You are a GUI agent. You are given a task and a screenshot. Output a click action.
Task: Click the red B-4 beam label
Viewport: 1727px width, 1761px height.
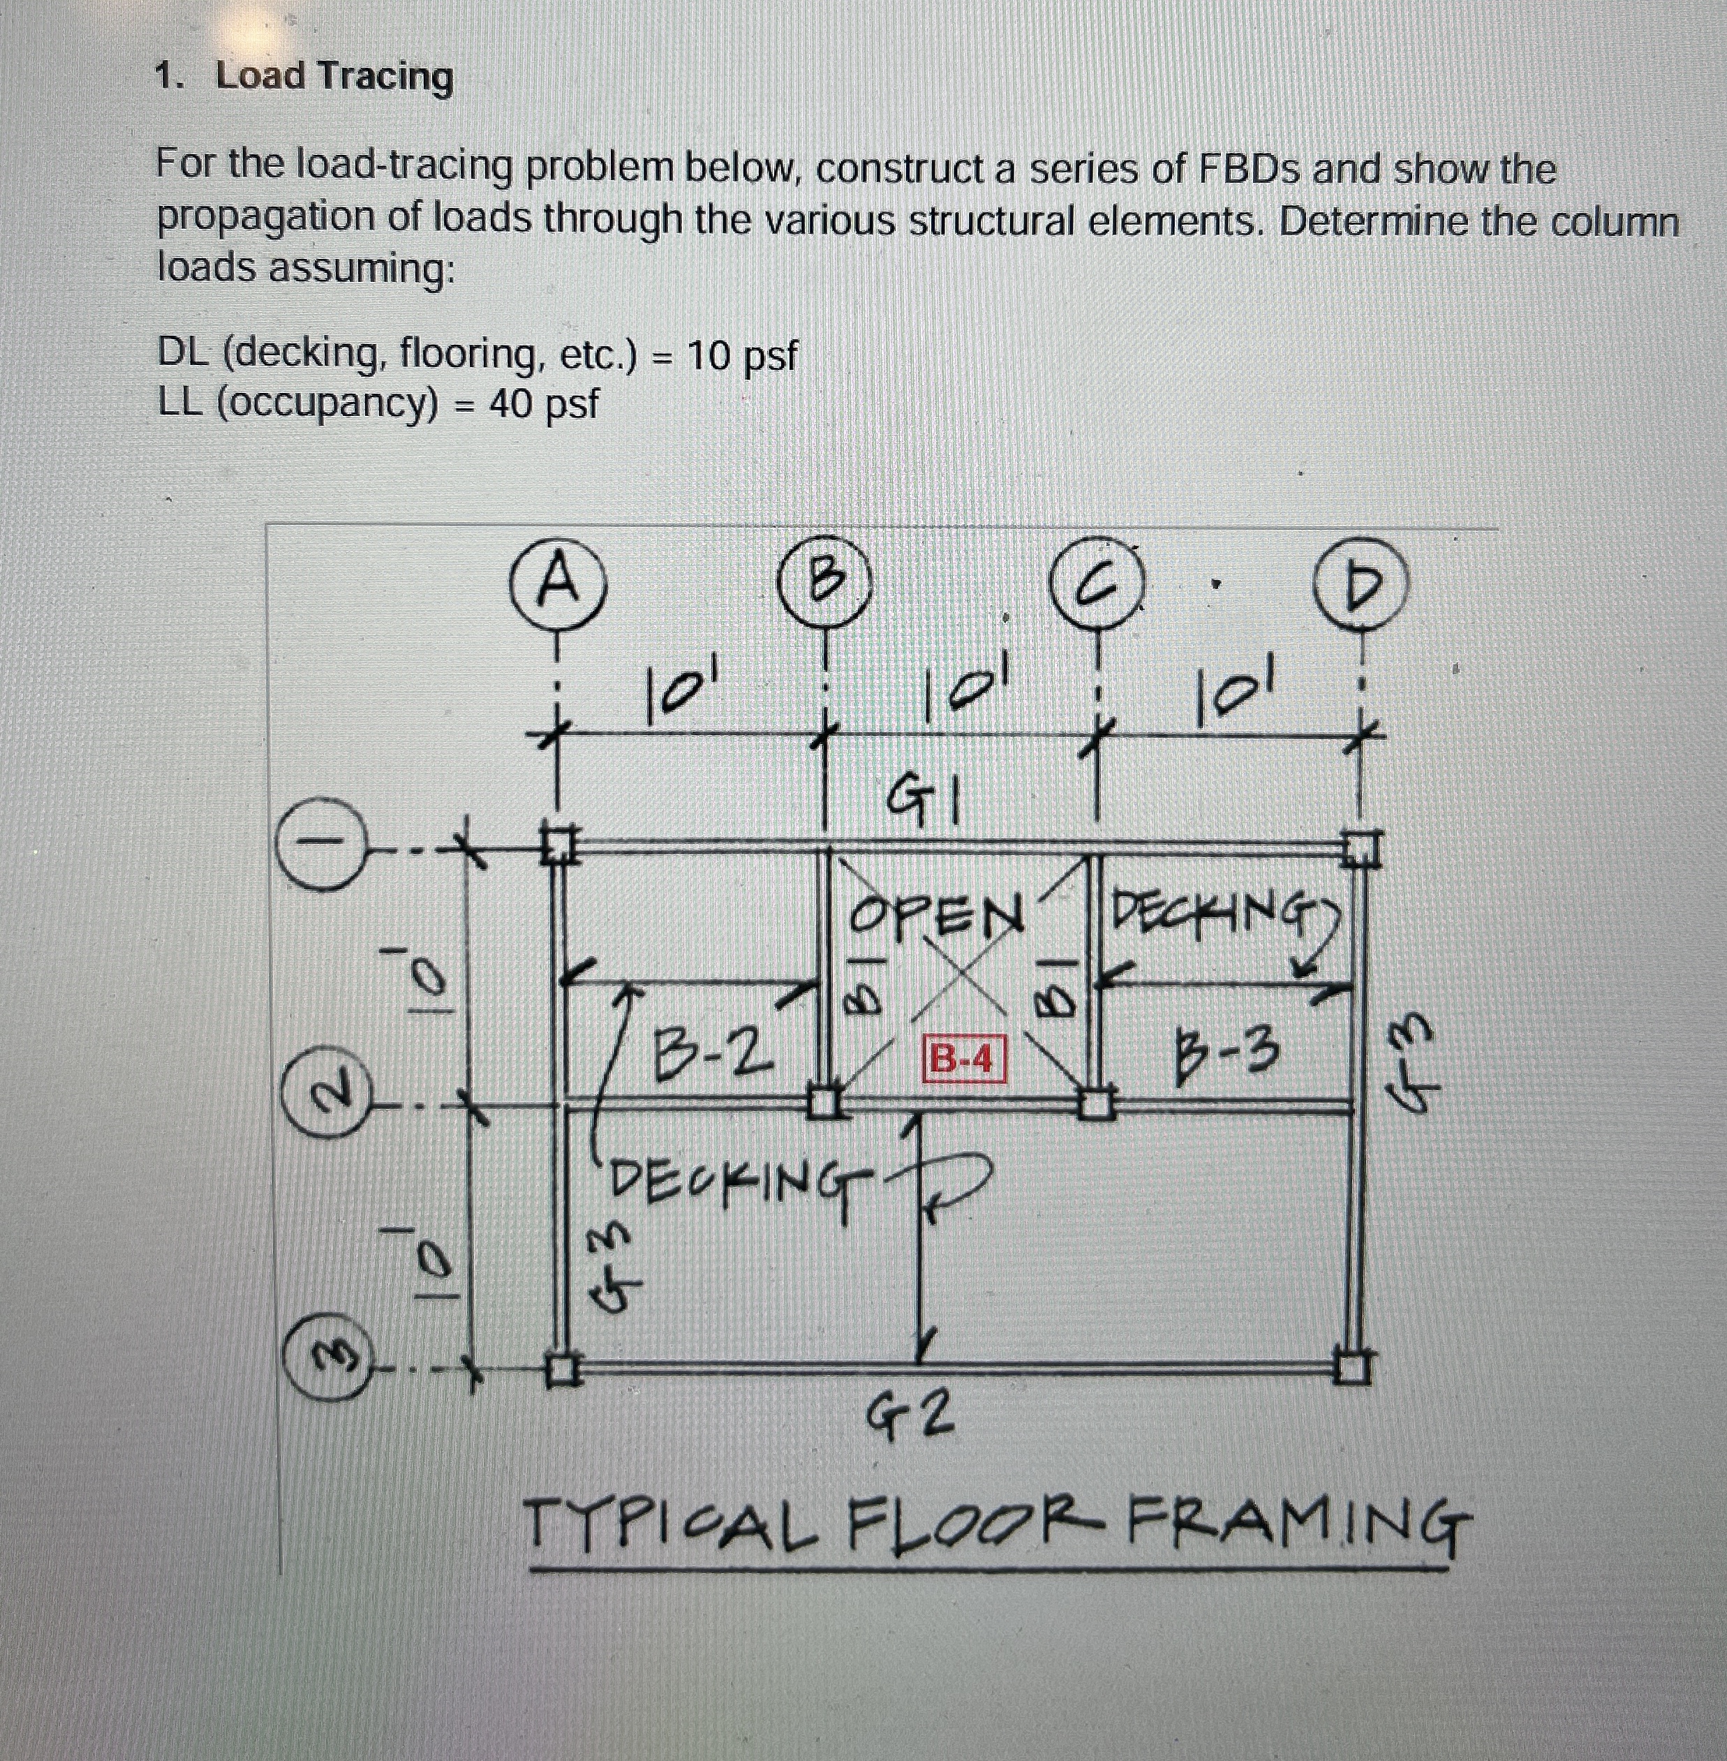coord(963,1058)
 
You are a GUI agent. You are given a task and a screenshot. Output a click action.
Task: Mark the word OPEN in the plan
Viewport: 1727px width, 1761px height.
coord(935,916)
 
